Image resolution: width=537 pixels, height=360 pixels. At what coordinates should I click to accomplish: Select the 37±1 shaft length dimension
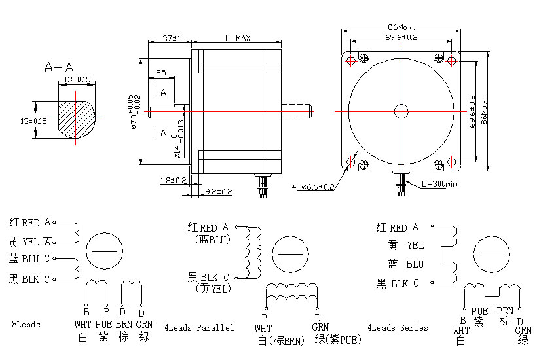(x=171, y=39)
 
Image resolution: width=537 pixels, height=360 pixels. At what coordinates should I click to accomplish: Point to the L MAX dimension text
(x=236, y=39)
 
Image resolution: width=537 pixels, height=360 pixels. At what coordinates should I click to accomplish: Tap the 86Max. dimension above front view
(x=402, y=28)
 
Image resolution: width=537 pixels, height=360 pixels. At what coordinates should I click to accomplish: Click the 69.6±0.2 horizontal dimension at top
(x=401, y=38)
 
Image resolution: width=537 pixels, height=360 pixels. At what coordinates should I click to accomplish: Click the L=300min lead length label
(x=435, y=184)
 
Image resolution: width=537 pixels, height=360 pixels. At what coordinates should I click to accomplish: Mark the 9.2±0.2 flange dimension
(x=219, y=191)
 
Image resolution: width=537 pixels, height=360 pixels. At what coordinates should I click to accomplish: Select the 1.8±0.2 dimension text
(x=174, y=180)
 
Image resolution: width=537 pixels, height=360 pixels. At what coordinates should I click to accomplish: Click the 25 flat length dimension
(x=160, y=73)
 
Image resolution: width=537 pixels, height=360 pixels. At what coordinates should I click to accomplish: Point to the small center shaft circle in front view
(x=401, y=111)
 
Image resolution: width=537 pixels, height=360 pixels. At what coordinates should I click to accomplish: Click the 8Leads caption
(x=26, y=325)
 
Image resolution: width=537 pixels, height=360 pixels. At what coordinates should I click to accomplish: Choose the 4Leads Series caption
(x=397, y=327)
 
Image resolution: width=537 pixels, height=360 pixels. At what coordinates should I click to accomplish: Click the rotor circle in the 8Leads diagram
(x=105, y=251)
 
